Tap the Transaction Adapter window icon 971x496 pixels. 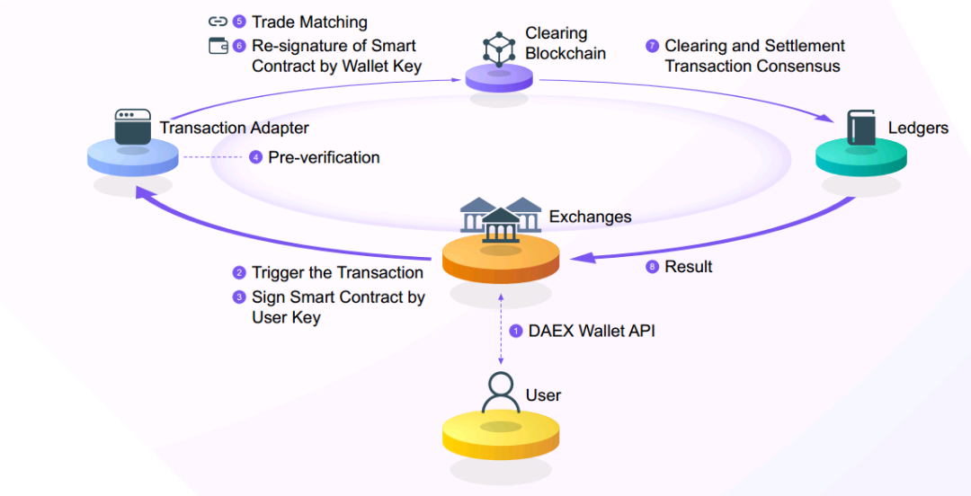coord(133,128)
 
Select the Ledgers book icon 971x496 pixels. coord(860,127)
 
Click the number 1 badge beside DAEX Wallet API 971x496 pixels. coord(516,331)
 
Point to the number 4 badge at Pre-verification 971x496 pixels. coord(256,157)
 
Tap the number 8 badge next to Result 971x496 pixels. coord(653,267)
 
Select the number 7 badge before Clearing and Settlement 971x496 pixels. coord(653,45)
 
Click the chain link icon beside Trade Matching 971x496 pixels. coord(218,22)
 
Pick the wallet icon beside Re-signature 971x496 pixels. coord(218,46)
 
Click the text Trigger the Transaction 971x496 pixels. coord(337,272)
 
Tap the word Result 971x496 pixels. coord(689,267)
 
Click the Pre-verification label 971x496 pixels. coord(324,157)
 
